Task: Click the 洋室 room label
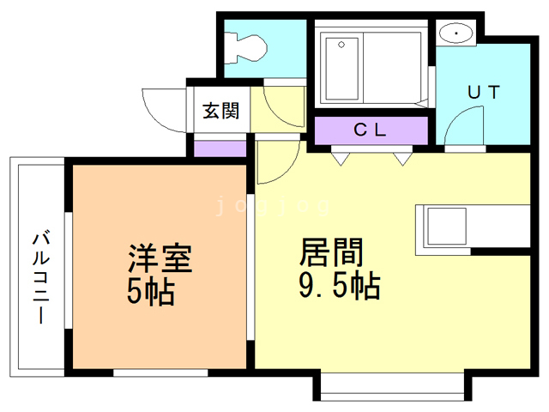(x=160, y=257)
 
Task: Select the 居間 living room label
(x=331, y=252)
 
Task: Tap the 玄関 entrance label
(x=220, y=111)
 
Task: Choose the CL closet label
(x=371, y=130)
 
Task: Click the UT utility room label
(x=483, y=91)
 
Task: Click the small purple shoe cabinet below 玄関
(x=220, y=146)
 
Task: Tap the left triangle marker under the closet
(x=340, y=158)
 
